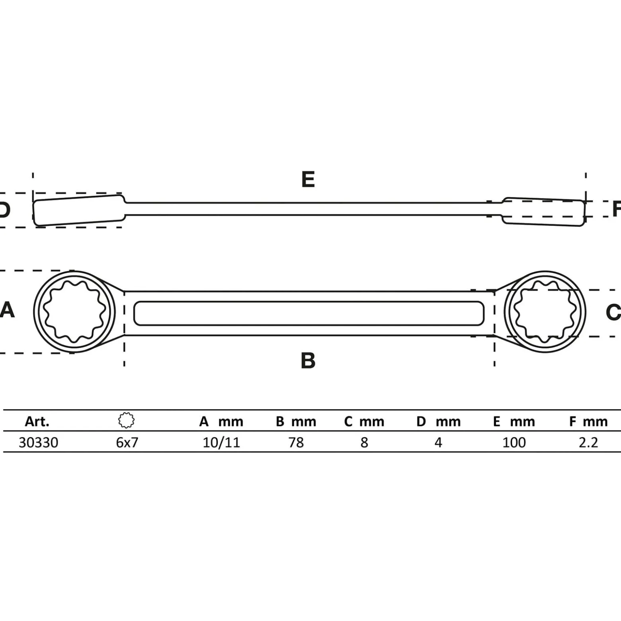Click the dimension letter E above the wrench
308,179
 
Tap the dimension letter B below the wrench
308,360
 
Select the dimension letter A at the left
7,310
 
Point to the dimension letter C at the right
613,312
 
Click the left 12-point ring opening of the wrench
74,312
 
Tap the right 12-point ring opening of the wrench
545,312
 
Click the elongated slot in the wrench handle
309,313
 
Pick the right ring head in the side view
543,211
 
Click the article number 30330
38,442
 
